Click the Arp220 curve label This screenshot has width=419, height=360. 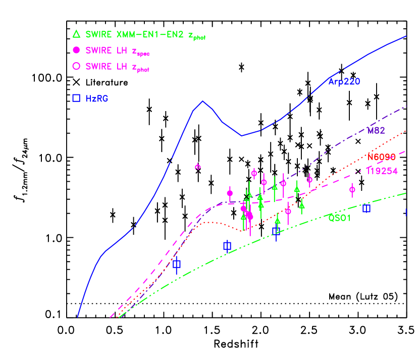[x=344, y=81]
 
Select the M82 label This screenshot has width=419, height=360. [x=376, y=130]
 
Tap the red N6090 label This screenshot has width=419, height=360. [x=381, y=157]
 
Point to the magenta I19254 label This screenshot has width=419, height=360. [x=382, y=171]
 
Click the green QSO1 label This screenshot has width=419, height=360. [x=339, y=218]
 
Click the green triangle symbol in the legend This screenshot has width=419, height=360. [x=76, y=34]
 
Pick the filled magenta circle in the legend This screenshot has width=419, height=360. [x=76, y=50]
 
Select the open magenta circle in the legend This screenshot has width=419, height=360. [x=76, y=66]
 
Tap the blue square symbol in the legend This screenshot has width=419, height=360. [x=76, y=98]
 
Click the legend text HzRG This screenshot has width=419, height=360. [x=96, y=98]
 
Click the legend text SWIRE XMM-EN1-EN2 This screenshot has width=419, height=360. [x=135, y=35]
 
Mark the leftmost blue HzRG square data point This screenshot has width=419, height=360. [x=177, y=264]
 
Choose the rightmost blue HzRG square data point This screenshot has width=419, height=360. [x=366, y=208]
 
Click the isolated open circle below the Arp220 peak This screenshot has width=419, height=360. [x=198, y=167]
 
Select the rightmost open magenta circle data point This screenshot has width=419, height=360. [x=352, y=189]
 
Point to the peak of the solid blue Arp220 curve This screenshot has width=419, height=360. [x=203, y=101]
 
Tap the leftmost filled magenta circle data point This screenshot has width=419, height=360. [x=230, y=193]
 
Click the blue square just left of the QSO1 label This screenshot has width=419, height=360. [x=276, y=231]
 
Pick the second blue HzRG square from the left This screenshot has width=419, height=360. [x=227, y=246]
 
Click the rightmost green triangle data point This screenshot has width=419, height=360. [x=302, y=205]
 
